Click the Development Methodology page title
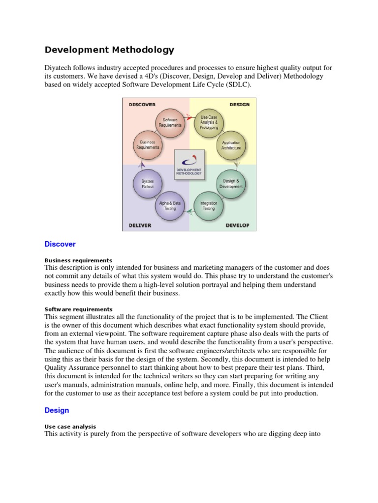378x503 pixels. click(109, 50)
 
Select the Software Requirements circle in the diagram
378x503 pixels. click(169, 122)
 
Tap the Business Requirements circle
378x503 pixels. click(148, 145)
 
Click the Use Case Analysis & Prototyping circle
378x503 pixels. click(209, 122)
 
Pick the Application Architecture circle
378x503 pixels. click(231, 145)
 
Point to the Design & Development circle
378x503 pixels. click(231, 184)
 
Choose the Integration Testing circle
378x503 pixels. click(209, 205)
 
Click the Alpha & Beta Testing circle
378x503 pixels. click(169, 205)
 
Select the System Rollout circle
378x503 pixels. click(148, 184)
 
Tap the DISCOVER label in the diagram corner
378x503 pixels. click(142, 105)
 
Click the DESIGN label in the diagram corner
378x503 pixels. click(239, 105)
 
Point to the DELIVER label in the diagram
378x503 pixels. click(140, 225)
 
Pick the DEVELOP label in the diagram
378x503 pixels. click(237, 225)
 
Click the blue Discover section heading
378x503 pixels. click(60, 244)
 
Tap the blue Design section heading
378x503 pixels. click(57, 410)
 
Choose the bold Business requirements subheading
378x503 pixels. click(78, 260)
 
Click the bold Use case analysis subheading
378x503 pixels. click(70, 426)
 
